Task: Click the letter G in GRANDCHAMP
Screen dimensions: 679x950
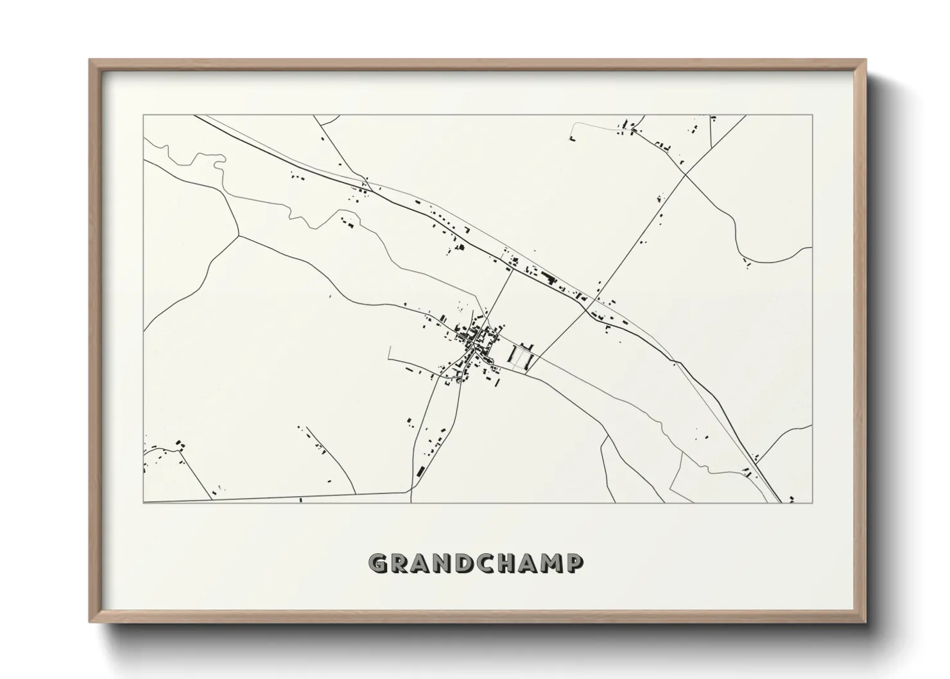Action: [378, 563]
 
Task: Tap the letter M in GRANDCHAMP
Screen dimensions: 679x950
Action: [553, 563]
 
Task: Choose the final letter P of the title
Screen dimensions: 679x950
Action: [576, 563]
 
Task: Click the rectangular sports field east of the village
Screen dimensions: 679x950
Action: [521, 356]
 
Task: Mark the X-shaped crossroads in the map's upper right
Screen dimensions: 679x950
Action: [685, 174]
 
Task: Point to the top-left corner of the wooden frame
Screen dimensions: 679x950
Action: [91, 60]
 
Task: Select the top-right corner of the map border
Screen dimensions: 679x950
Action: [813, 115]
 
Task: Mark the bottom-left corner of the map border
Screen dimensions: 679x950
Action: [143, 503]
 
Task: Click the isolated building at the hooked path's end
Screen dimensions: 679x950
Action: [572, 137]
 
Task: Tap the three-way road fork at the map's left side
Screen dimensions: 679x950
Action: [239, 235]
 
